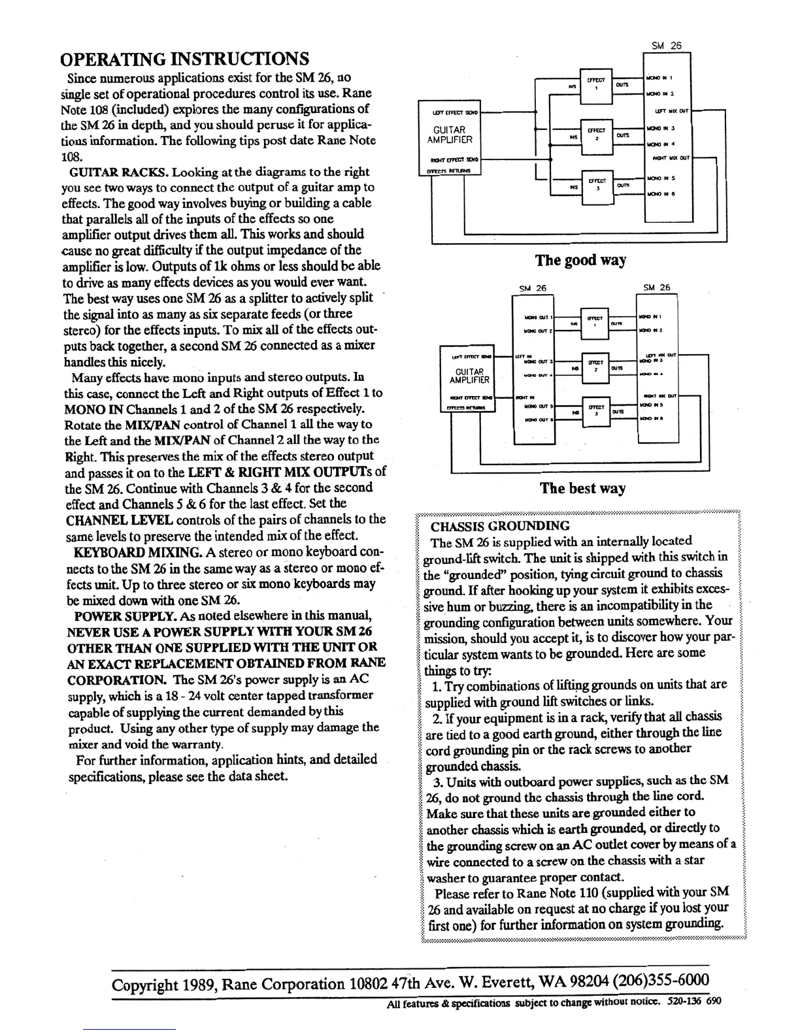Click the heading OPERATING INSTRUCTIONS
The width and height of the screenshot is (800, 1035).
[x=184, y=58]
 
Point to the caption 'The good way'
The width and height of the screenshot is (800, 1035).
[x=580, y=260]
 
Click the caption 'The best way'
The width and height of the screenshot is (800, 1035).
[x=582, y=488]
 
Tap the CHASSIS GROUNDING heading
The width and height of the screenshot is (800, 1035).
[x=499, y=525]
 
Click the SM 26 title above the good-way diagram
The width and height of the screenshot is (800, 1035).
[x=666, y=46]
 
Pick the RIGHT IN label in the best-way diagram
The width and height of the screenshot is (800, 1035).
[x=524, y=396]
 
